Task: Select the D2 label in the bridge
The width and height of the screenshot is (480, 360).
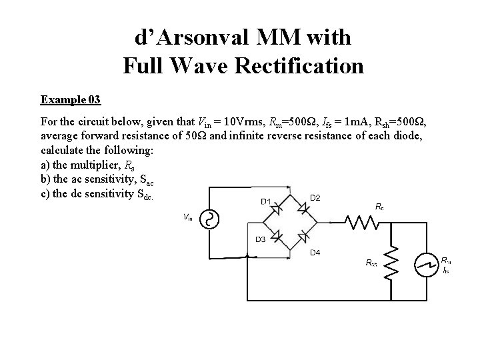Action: click(x=315, y=197)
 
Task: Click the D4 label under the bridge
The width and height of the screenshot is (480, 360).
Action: click(x=315, y=253)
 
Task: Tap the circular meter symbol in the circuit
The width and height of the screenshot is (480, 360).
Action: click(x=425, y=265)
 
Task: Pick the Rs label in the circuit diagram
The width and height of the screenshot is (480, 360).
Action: click(x=379, y=207)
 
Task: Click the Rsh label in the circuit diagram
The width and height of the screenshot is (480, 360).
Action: click(x=371, y=263)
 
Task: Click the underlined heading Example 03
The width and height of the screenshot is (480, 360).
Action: click(x=71, y=100)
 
